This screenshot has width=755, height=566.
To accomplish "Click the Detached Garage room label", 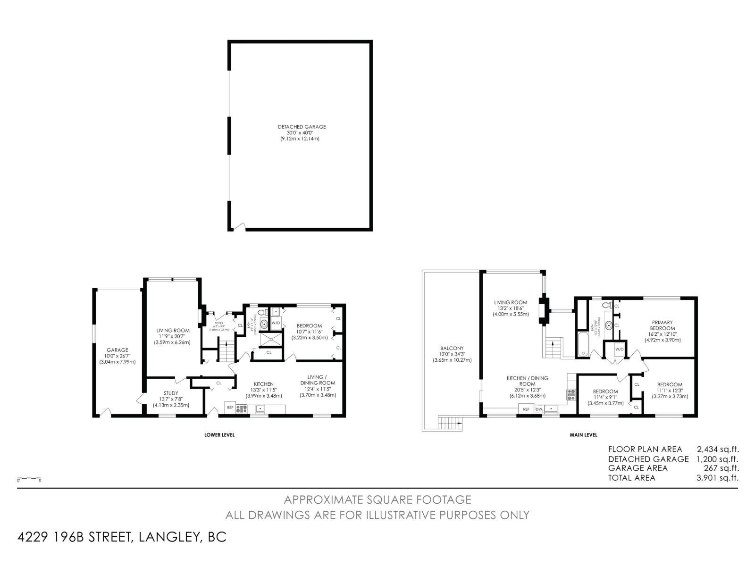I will [302, 133].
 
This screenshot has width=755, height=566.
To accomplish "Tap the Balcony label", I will [452, 354].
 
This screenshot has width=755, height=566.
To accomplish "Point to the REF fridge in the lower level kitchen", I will [230, 407].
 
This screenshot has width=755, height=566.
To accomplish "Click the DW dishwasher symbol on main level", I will [538, 409].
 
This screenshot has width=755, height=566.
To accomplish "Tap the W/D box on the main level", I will [619, 350].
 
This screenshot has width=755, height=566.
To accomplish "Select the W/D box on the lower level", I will [276, 323].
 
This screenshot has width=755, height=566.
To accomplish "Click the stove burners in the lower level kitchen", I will [242, 409].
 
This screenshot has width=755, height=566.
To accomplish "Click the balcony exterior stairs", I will [449, 423].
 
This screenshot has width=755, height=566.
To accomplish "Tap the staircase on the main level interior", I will [552, 349].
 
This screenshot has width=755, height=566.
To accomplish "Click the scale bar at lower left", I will [29, 479].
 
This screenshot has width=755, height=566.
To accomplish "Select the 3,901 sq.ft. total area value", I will [717, 478].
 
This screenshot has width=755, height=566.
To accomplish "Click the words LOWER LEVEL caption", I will [219, 435].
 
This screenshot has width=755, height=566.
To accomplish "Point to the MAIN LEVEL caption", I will [583, 435].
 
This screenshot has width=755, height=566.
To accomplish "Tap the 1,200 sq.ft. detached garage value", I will [717, 459].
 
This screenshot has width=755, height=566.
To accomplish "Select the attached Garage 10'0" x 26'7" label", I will [117, 356].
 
